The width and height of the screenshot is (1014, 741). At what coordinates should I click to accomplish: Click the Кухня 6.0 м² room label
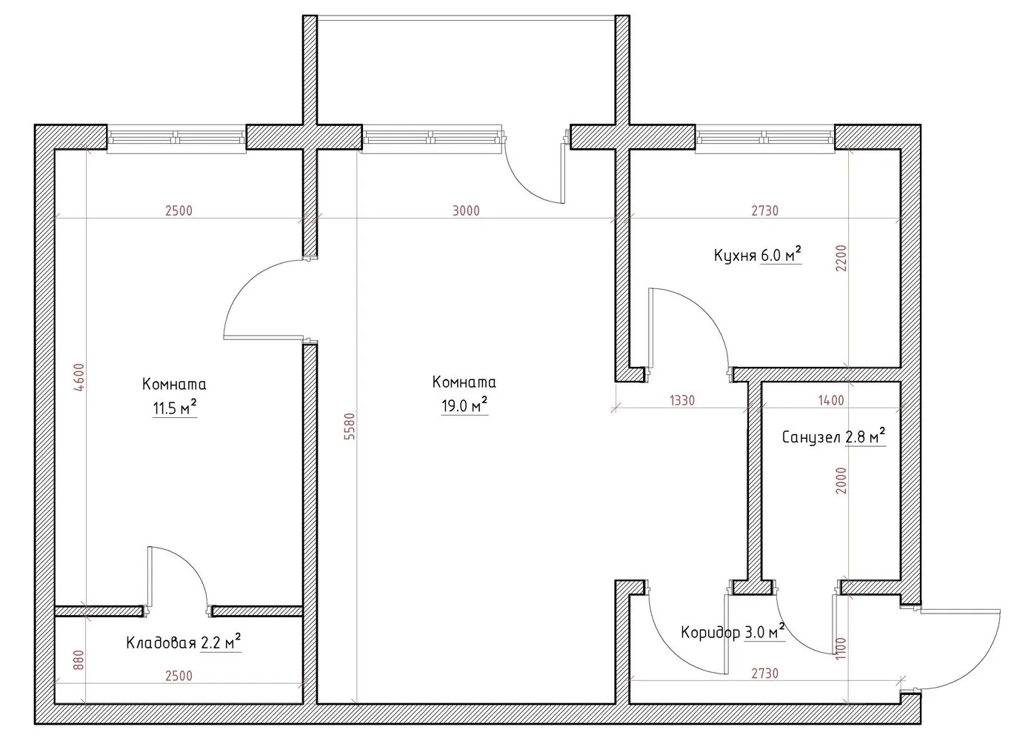758,256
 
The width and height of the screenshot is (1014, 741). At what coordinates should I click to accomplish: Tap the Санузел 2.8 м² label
834,437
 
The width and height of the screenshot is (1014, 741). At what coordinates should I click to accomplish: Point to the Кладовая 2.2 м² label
184,642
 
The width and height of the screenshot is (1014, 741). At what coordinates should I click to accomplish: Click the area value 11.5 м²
174,408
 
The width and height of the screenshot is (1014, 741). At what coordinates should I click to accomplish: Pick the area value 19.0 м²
464,406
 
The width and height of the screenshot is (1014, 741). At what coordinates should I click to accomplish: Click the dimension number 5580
350,427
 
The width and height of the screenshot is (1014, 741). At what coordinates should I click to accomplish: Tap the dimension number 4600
80,377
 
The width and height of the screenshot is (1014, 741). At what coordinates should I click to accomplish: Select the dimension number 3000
466,210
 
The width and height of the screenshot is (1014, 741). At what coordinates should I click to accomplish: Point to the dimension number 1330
681,401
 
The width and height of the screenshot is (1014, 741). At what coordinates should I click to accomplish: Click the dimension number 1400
830,401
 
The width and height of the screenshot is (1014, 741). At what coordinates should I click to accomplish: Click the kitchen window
765,137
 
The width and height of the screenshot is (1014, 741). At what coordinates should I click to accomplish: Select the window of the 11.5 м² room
176,137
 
